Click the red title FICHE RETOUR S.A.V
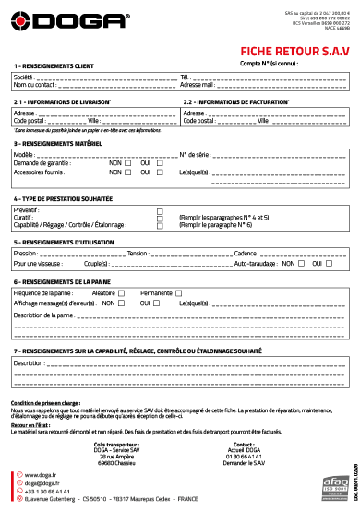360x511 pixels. (294, 53)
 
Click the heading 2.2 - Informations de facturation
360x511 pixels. (235, 101)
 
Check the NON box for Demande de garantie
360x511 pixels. (127, 163)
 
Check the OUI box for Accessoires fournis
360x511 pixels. (159, 172)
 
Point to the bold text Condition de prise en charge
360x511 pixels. (45, 378)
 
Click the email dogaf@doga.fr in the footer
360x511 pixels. (41, 482)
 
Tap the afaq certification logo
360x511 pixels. (328, 481)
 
